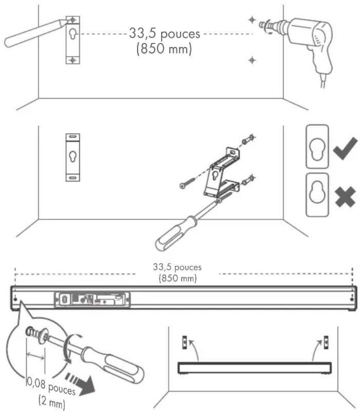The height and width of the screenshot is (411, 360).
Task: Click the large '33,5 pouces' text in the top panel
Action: [164, 34]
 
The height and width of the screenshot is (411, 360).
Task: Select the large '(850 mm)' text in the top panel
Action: [164, 49]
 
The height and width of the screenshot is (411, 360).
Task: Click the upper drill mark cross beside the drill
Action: [252, 20]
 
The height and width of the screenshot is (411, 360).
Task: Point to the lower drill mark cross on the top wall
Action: [252, 60]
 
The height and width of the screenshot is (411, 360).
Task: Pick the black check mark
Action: [345, 149]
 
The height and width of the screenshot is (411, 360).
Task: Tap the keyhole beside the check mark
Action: [317, 149]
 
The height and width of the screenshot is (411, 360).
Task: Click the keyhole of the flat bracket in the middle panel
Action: [73, 157]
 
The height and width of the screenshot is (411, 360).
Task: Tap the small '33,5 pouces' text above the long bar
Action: [177, 267]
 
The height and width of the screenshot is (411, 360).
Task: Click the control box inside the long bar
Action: [92, 299]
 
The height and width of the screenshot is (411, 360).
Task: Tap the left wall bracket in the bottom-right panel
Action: [185, 342]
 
